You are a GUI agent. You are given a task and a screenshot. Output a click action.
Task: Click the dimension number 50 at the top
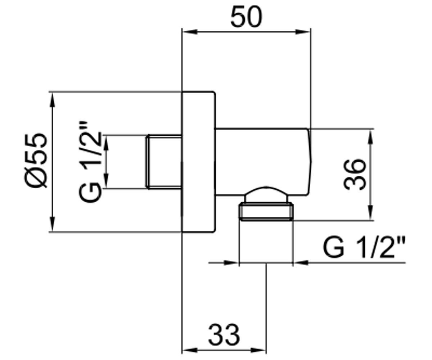click(246, 17)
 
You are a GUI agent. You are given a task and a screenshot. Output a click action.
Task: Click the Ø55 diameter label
click(36, 161)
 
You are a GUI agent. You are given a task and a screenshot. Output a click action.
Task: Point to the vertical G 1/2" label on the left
click(90, 162)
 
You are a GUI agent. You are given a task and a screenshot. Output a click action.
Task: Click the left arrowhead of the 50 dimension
click(190, 32)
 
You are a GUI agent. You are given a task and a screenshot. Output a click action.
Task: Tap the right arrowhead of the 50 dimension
click(302, 32)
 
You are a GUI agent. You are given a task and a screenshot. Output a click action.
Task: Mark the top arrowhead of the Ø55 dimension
click(53, 100)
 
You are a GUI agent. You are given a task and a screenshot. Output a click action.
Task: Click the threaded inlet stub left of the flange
click(164, 162)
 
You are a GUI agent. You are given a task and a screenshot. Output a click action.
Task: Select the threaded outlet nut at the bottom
click(266, 212)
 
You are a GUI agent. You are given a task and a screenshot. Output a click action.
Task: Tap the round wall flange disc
click(199, 162)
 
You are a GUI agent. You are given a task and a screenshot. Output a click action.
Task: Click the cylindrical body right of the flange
click(263, 162)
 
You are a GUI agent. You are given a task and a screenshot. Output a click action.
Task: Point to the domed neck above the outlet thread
click(266, 194)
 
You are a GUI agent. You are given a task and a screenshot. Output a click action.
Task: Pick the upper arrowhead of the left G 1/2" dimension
click(106, 143)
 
